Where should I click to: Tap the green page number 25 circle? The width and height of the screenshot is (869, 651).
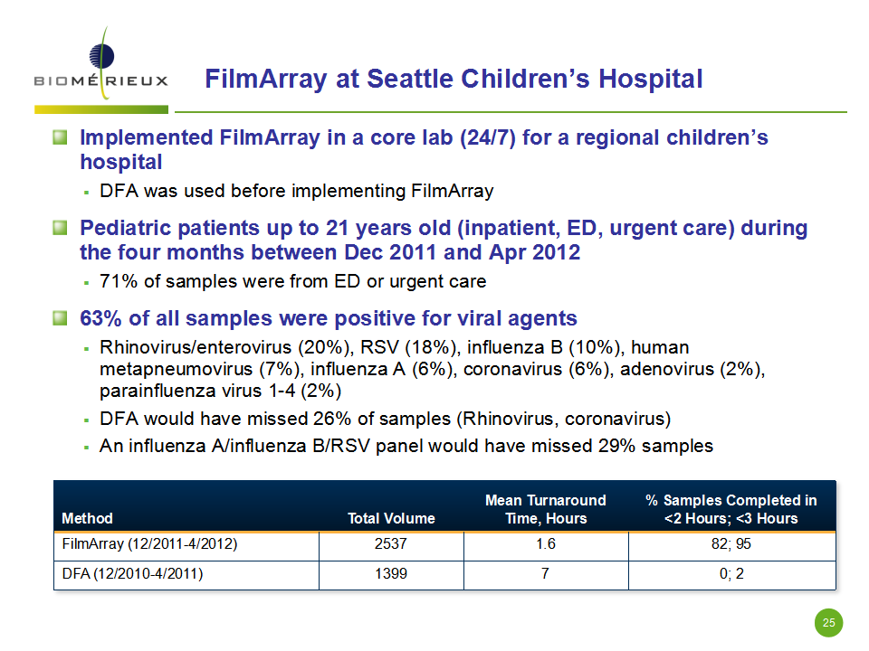point(828,623)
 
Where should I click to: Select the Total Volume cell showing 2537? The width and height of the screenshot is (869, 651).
point(391,543)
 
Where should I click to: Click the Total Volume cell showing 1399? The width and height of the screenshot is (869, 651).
point(391,573)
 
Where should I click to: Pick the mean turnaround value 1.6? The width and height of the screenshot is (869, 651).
point(545,543)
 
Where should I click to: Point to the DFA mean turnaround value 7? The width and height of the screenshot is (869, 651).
point(545,573)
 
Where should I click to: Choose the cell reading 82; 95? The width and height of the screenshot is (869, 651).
point(731,543)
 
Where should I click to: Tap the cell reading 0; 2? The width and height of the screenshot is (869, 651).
point(731,573)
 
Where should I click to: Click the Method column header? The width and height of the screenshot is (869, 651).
point(87,518)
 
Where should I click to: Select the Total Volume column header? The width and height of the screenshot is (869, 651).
point(391,518)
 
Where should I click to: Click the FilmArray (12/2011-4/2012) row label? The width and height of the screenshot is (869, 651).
point(149,543)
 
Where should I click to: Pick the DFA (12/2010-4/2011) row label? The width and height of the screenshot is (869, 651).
point(132,573)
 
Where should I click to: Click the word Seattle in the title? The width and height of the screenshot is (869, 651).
point(410,79)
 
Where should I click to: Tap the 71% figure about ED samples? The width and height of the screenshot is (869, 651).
point(119,281)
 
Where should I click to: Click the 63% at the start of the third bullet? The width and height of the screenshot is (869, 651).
point(100,318)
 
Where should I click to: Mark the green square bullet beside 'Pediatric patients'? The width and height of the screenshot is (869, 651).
point(60,228)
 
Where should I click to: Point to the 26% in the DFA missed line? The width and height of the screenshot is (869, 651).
point(332,419)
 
